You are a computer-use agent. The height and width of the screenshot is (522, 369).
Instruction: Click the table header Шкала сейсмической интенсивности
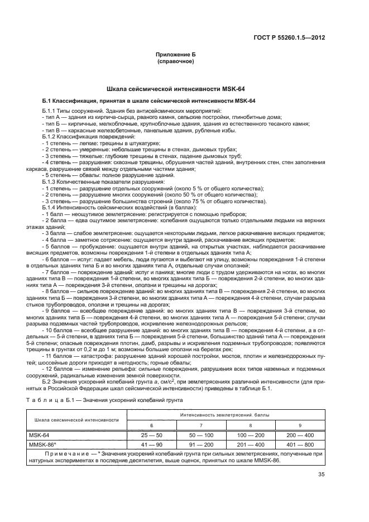76,419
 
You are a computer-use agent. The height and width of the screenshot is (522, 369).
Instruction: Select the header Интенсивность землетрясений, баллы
227,415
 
